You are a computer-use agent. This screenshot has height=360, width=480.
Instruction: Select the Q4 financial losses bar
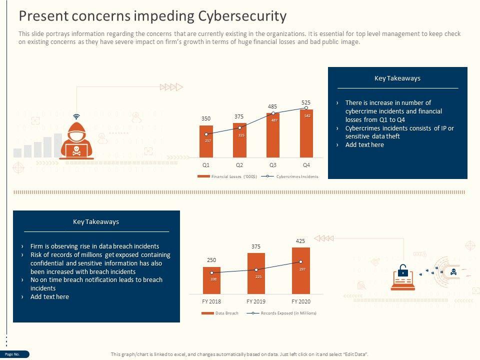click(306, 134)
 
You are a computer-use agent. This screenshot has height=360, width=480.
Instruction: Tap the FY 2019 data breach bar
click(256, 273)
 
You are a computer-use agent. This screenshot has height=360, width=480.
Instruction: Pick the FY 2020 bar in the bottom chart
click(301, 270)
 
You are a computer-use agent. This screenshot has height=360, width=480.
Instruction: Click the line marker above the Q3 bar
click(273, 113)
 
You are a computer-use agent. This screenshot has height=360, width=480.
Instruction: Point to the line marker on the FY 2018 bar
click(211, 273)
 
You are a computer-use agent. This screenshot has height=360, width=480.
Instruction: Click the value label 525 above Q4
click(306, 102)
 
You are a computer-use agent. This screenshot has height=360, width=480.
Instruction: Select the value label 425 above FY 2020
click(300, 241)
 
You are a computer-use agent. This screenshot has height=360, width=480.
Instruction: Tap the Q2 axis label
click(239, 165)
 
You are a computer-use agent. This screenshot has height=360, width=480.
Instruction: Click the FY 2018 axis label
click(211, 301)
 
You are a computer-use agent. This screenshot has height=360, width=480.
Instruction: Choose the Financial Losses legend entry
click(227, 176)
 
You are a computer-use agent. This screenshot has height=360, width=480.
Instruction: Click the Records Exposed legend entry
click(283, 313)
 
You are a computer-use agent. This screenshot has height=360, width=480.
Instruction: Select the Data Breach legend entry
click(220, 313)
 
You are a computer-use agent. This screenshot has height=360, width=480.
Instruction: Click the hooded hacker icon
click(76, 140)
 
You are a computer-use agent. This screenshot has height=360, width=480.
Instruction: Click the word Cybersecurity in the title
click(242, 16)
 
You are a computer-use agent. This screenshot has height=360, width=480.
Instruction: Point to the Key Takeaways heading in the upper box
click(397, 78)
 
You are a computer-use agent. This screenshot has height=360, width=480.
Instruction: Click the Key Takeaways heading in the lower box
click(96, 221)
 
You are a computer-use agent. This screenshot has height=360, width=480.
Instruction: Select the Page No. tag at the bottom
click(13, 354)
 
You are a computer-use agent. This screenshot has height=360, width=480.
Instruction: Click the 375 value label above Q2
click(239, 116)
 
